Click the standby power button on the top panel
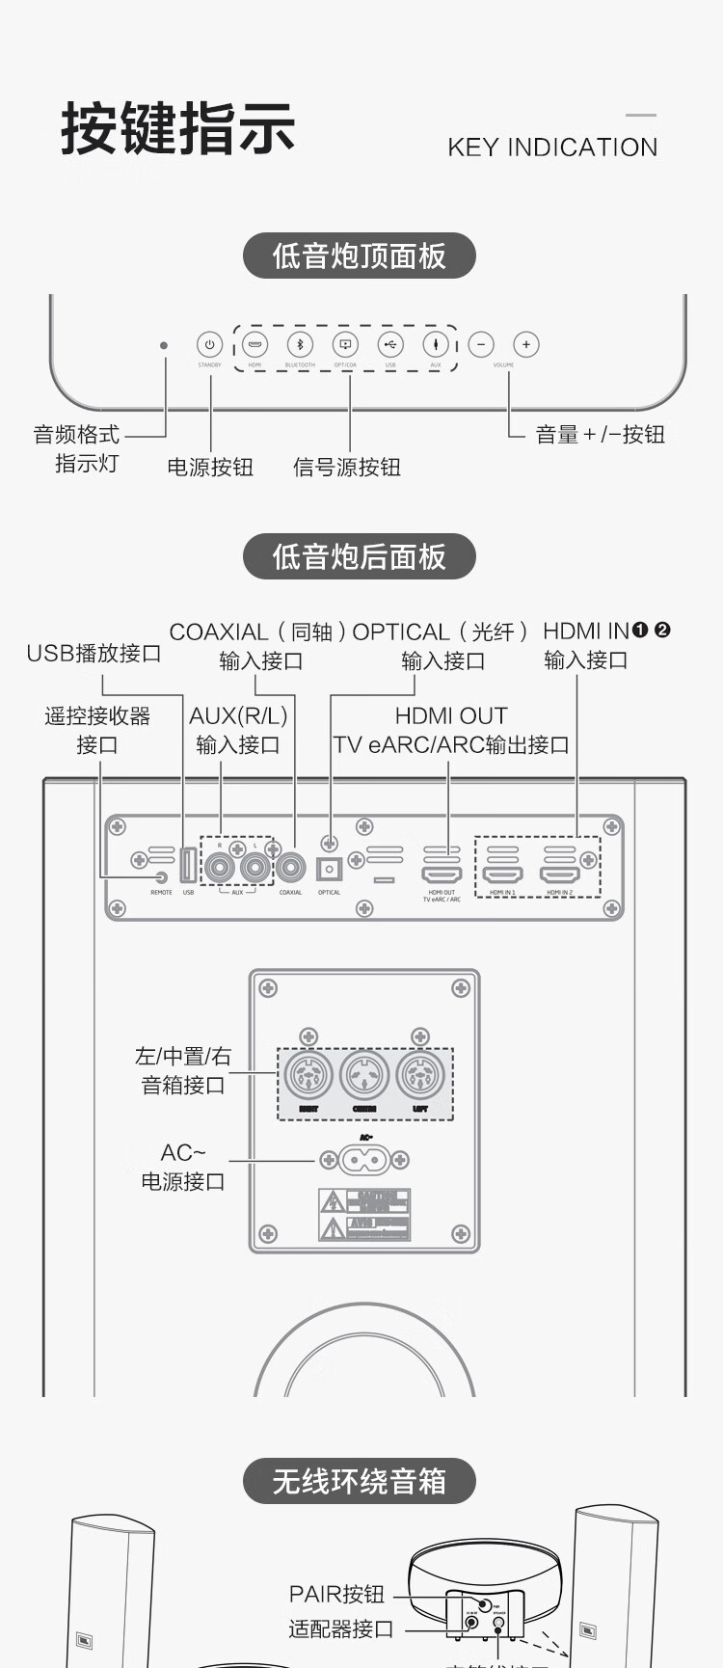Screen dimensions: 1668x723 209,344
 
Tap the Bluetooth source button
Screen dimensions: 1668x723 300,344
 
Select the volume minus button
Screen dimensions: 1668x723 480,344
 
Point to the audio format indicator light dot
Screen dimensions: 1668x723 164,345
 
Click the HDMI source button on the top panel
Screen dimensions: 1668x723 254,344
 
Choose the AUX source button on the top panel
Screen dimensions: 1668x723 436,344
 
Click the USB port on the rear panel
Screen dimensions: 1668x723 188,866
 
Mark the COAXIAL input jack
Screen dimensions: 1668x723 290,868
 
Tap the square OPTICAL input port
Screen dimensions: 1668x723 330,870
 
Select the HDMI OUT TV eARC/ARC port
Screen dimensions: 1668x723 442,874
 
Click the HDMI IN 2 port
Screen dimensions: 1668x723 559,874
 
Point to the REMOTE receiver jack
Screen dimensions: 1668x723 161,877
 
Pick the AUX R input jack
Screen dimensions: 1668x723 221,868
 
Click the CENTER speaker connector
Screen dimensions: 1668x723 364,1075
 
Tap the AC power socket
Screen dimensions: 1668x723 365,1159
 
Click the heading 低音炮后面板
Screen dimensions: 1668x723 359,556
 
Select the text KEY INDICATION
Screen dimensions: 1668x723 552,148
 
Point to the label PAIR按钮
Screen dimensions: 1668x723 336,1594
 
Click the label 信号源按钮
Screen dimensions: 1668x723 347,468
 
